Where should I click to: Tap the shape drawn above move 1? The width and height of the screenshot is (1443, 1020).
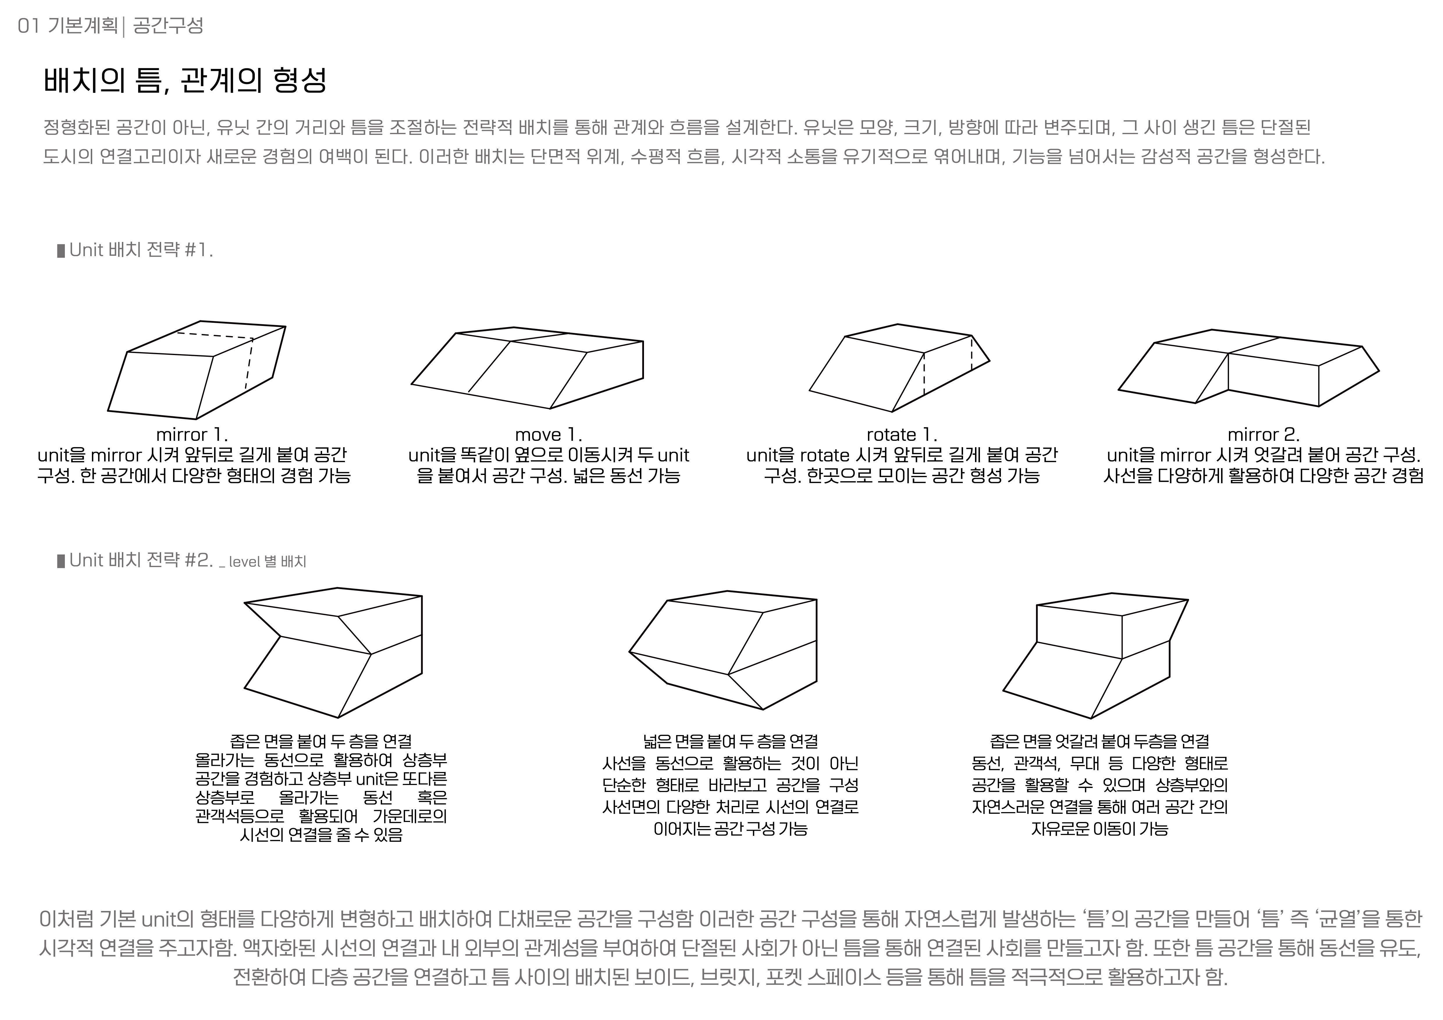pyautogui.click(x=527, y=368)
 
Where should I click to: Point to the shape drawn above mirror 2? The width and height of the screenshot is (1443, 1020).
pyautogui.click(x=1249, y=368)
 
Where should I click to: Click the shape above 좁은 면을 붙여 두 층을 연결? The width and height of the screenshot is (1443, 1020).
pyautogui.click(x=333, y=652)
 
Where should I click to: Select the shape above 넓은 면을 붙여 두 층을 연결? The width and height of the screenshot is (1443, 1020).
pyautogui.click(x=723, y=650)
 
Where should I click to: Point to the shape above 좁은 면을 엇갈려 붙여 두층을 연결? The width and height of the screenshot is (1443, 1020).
pyautogui.click(x=1095, y=655)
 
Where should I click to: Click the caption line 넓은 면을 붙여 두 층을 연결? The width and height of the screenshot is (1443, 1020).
pyautogui.click(x=730, y=742)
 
